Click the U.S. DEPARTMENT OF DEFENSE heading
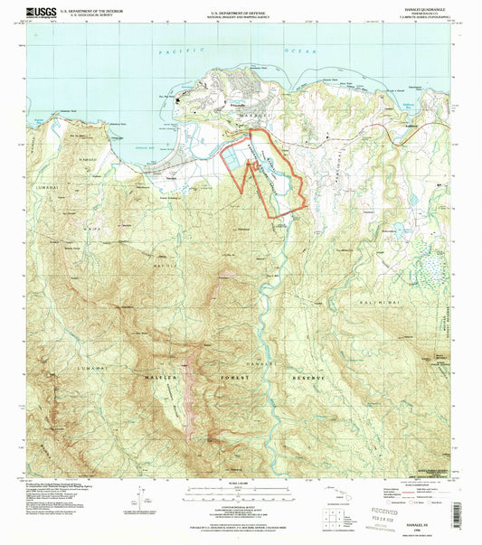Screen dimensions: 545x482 click(241, 10)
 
